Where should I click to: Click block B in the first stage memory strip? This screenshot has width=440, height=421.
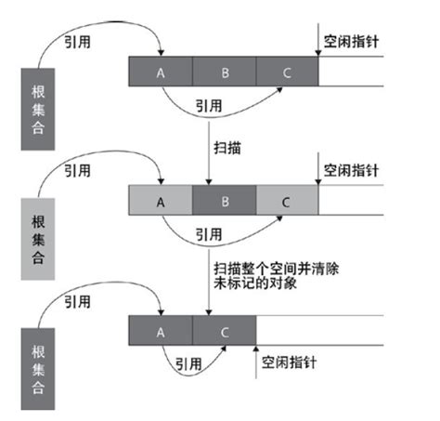click(x=224, y=72)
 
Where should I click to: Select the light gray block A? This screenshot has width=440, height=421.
click(x=160, y=201)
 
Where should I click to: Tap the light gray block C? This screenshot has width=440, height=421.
click(x=287, y=201)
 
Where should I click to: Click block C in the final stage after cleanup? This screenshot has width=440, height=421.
click(x=224, y=330)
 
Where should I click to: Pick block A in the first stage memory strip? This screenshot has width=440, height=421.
click(x=160, y=72)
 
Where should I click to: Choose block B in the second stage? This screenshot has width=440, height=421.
click(x=224, y=201)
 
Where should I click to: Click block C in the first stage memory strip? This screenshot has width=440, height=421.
click(x=287, y=72)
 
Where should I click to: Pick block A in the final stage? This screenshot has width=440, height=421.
click(x=160, y=330)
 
